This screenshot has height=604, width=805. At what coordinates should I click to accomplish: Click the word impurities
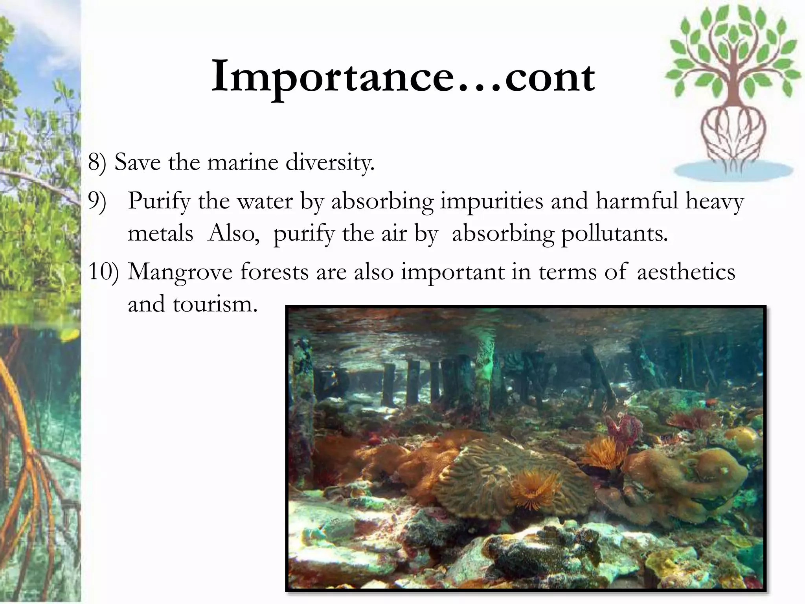(x=491, y=202)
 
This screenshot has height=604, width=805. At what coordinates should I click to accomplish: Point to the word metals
(x=160, y=234)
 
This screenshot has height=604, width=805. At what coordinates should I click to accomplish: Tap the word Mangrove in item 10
(x=180, y=273)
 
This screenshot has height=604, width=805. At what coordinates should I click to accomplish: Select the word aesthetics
(x=686, y=272)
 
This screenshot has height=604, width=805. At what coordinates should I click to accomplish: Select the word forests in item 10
(x=274, y=272)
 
